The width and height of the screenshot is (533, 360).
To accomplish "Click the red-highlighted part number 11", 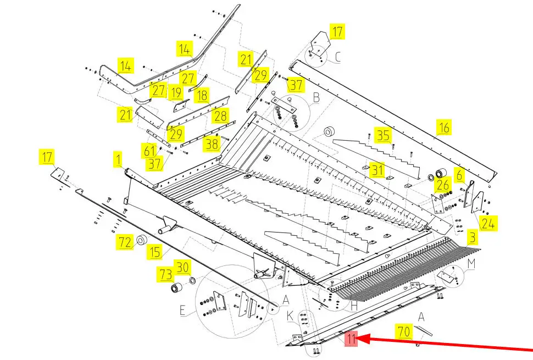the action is pos(352,339).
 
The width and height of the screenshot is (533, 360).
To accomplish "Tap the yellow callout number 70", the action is pos(404,331).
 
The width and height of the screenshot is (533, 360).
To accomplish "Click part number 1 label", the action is pos(118,160).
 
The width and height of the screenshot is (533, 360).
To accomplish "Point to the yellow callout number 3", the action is pos(473,237).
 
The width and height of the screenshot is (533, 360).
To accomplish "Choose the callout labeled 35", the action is pos(383,135).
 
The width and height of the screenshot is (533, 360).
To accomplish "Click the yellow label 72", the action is pos(125,242).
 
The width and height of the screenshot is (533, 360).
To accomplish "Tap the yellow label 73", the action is pos(166,274).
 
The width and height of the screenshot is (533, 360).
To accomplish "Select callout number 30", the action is pos(182,267).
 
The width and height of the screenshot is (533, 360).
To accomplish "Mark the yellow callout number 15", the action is pos(155,252).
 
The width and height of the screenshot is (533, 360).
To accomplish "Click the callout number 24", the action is pos(488,223).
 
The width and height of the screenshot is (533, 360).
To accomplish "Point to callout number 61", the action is pos(149,151).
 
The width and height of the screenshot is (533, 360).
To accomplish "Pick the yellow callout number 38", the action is pos(212,144).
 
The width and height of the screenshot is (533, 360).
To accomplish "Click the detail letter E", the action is pos(183,311).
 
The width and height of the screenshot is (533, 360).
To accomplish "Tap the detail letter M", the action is pos(471,263).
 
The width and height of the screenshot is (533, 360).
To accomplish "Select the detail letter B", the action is pos(316,98).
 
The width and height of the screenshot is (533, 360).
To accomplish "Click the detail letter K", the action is pos(290,316).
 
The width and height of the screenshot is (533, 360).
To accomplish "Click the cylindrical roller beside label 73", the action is pos(176,288).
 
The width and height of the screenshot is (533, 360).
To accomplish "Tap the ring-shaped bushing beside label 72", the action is pos(141,240).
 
